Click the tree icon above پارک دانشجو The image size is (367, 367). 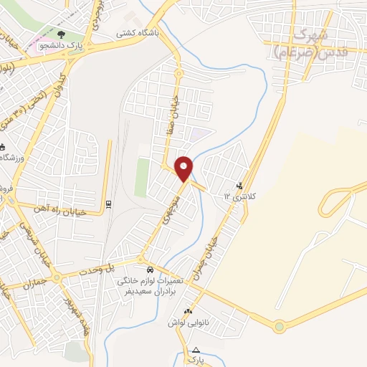pyautogui.click(x=60, y=33)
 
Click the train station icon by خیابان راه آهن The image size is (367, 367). pyautogui.click(x=108, y=203)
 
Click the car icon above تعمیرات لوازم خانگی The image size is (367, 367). pyautogui.click(x=149, y=270)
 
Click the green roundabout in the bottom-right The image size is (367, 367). pyautogui.click(x=279, y=327)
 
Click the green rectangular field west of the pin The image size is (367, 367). pyautogui.click(x=142, y=177)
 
